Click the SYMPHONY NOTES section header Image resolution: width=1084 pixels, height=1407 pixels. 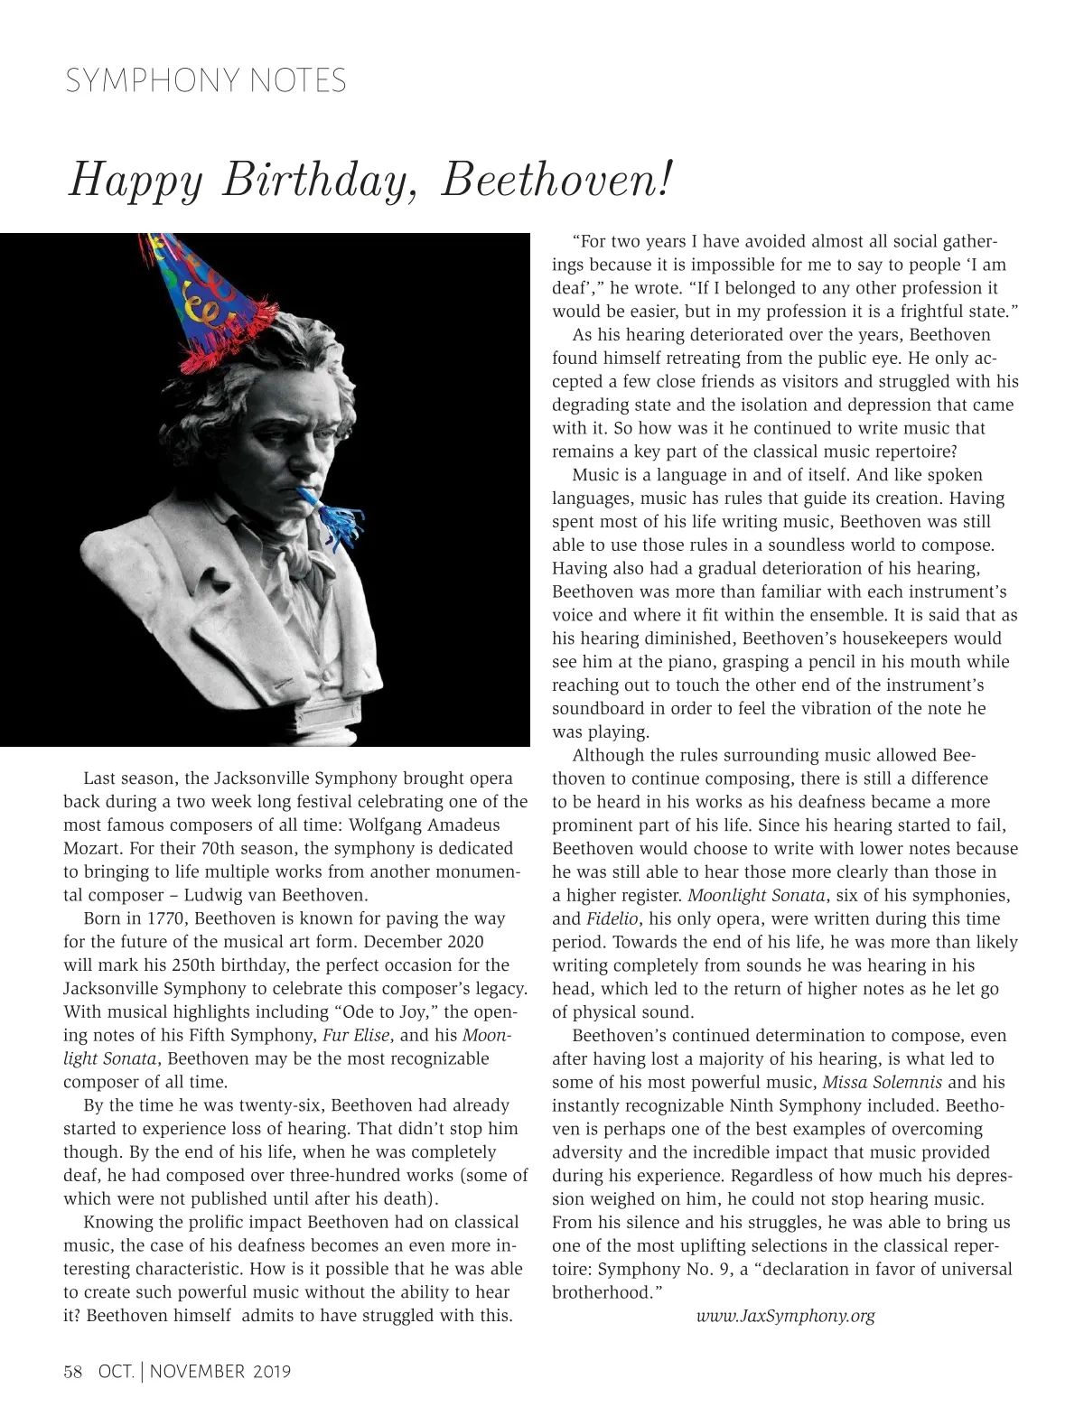point(206,81)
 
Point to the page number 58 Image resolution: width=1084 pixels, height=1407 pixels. point(73,1372)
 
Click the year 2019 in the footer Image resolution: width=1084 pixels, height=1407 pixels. point(272,1372)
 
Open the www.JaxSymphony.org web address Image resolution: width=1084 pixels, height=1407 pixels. point(785,1316)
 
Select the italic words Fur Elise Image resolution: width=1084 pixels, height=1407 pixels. point(356,1035)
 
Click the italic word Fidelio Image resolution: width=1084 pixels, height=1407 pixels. point(612,918)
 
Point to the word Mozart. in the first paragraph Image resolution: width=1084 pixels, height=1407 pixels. point(93,848)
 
